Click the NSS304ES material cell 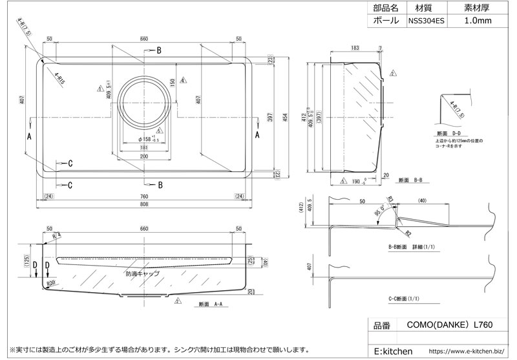tap(427, 21)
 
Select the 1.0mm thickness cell tap(478, 21)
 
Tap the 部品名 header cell tap(386, 8)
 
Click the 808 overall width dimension tap(143, 204)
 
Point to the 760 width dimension tap(143, 196)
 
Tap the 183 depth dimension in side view tap(355, 48)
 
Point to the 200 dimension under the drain tap(143, 157)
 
